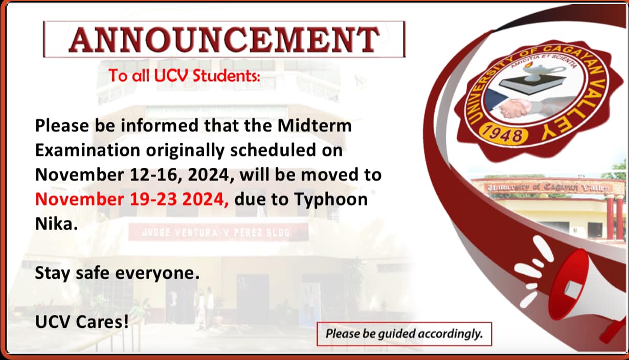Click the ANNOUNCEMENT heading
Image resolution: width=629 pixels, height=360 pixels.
[x=224, y=39]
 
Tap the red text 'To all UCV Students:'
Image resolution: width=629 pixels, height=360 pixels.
[x=185, y=76]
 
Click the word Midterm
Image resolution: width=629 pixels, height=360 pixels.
[x=314, y=125]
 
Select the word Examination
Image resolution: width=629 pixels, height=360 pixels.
[x=87, y=150]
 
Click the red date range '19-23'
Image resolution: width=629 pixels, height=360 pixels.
[x=153, y=199]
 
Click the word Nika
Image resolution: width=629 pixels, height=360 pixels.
[x=56, y=224]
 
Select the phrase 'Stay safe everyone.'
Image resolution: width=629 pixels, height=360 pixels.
[x=118, y=273]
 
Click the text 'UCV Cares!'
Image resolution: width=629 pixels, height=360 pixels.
[x=82, y=322]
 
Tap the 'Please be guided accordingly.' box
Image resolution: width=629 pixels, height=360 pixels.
[x=405, y=334]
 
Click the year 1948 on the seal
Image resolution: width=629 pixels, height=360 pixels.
[x=504, y=135]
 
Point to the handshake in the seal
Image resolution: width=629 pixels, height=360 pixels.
[x=516, y=107]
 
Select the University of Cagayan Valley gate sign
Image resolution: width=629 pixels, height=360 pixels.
[x=548, y=187]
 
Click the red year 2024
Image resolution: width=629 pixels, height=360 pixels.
[x=206, y=199]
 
